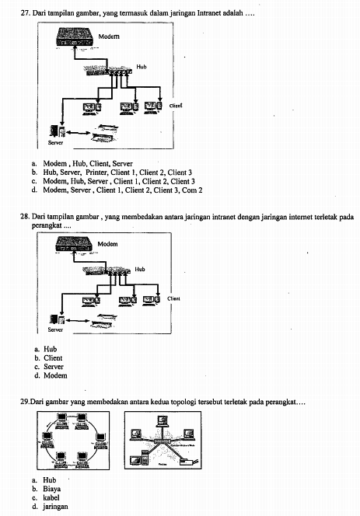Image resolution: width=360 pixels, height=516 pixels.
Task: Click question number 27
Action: tap(25, 13)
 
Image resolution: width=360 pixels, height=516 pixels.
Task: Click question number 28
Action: tap(25, 207)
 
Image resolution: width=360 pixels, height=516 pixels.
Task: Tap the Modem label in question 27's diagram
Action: tap(109, 37)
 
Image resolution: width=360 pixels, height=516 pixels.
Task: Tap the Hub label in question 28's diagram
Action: tap(140, 269)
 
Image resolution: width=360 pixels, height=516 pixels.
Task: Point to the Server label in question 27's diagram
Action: tap(56, 143)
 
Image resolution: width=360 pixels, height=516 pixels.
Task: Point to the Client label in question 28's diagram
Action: tap(175, 298)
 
